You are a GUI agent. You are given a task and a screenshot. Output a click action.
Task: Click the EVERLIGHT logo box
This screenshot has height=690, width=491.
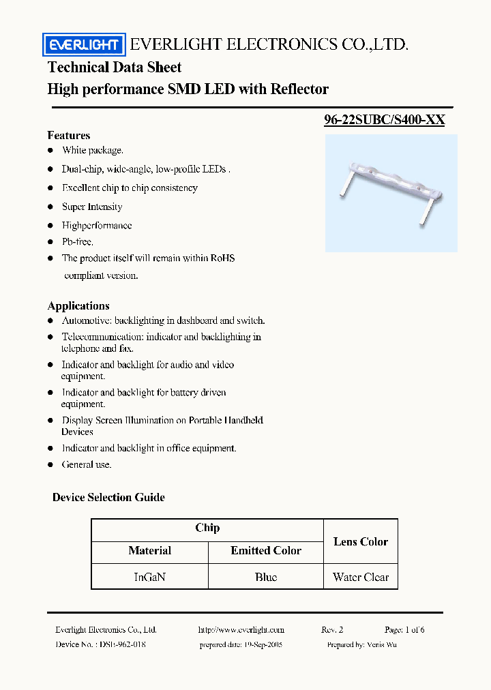(84, 46)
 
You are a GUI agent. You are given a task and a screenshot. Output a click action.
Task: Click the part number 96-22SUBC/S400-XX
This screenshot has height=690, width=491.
(385, 120)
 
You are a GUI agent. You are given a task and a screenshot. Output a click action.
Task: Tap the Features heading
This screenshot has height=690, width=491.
(69, 135)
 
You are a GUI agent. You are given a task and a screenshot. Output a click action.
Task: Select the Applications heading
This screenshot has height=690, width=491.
(78, 305)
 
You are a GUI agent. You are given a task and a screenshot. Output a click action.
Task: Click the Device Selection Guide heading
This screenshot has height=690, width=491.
(108, 497)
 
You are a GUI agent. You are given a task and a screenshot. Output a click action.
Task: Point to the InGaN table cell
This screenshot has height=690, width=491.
(149, 577)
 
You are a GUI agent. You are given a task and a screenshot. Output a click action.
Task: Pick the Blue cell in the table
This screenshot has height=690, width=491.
(265, 577)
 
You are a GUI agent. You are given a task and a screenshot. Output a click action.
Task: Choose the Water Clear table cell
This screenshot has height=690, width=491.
(360, 577)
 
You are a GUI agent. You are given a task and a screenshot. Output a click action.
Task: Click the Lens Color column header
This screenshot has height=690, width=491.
(360, 541)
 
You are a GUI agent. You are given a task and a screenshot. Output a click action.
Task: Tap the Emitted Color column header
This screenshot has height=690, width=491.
(265, 550)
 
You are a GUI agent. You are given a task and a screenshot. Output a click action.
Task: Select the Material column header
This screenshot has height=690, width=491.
(149, 550)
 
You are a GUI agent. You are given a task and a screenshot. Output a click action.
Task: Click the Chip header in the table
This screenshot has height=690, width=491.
(207, 528)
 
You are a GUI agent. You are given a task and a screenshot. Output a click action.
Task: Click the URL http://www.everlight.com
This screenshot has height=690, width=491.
(241, 630)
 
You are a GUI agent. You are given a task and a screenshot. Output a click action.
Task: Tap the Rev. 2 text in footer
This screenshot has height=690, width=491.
(332, 630)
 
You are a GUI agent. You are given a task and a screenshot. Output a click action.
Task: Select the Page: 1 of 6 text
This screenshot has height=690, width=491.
(404, 630)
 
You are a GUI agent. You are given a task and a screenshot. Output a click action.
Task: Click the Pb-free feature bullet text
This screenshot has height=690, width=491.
(78, 241)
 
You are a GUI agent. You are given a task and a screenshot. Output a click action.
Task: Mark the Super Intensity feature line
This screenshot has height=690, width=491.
(92, 207)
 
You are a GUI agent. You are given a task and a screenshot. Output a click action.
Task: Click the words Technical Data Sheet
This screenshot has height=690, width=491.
(115, 67)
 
